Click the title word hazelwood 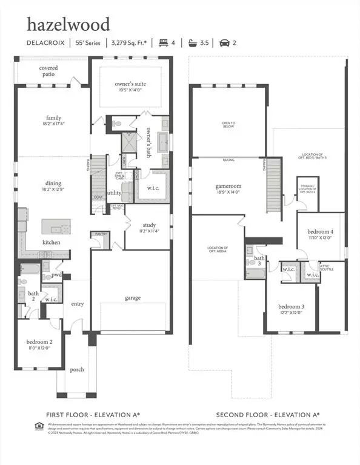pos(68,24)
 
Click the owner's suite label pos(130,84)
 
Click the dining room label pos(53,183)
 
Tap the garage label pos(133,297)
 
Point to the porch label pos(77,369)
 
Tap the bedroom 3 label pos(291,306)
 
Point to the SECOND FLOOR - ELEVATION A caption pos(267,415)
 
